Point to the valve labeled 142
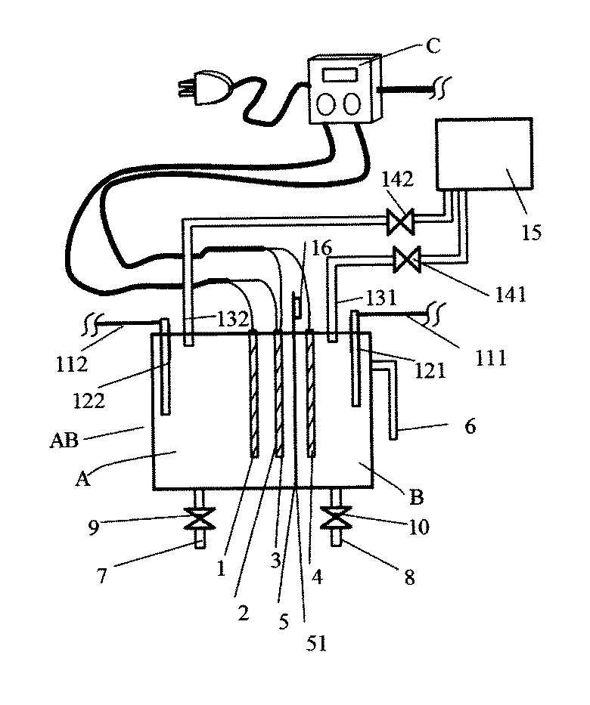point(398,221)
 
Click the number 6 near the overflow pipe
point(469,427)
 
